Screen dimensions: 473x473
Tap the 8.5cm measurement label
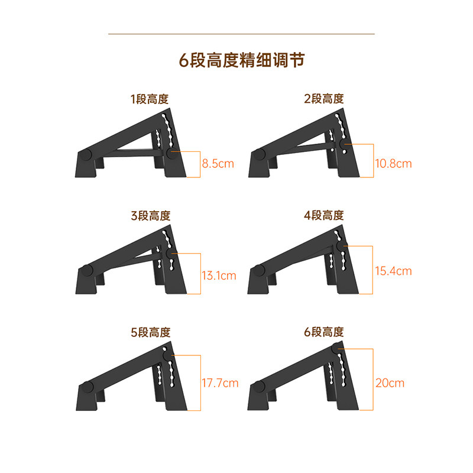tap(218, 164)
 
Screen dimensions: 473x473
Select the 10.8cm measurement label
tap(393, 163)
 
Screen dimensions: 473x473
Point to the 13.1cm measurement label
tap(218, 275)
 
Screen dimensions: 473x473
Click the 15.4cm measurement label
tap(393, 271)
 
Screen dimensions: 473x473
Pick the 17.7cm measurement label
tap(220, 383)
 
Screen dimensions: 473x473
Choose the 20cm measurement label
tap(390, 383)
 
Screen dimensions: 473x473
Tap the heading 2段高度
tap(324, 99)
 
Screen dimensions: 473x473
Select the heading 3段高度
tap(150, 216)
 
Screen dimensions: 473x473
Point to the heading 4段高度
tap(324, 216)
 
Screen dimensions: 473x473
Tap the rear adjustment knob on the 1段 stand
tap(172, 155)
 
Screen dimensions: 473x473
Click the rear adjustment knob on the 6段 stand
tap(337, 349)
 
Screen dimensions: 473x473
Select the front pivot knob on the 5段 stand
tap(86, 388)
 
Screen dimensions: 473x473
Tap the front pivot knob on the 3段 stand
tap(86, 271)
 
